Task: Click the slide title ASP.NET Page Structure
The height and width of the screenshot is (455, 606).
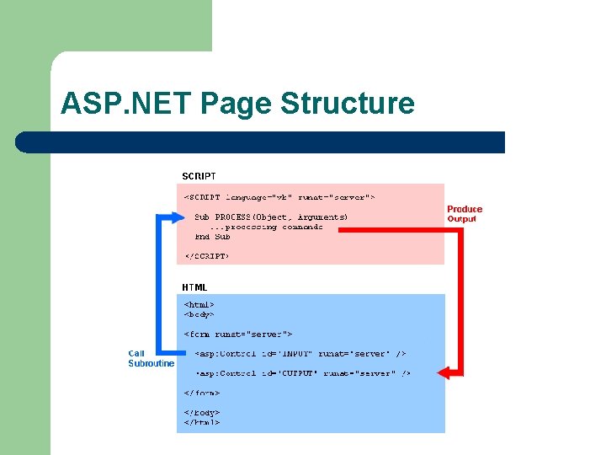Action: tap(237, 104)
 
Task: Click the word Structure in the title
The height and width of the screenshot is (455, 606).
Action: tap(348, 104)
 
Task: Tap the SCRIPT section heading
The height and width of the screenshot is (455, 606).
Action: tap(199, 176)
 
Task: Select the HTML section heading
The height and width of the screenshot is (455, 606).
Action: tap(194, 287)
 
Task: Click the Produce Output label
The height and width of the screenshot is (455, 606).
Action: tap(465, 214)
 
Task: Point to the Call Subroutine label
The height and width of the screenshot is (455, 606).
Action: tap(151, 358)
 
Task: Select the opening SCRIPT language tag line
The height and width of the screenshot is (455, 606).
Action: tap(279, 197)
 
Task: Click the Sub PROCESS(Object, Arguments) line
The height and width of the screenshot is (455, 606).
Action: tap(271, 217)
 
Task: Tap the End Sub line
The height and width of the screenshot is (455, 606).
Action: tap(212, 237)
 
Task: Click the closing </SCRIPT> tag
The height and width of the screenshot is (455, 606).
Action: tap(206, 255)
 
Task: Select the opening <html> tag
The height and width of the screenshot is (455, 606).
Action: tap(199, 304)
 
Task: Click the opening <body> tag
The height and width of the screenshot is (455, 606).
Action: tap(199, 314)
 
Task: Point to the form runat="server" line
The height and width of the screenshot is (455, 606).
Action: tap(238, 335)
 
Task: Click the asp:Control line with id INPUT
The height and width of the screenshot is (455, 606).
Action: tap(300, 354)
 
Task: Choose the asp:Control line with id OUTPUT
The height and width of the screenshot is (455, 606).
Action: tap(303, 373)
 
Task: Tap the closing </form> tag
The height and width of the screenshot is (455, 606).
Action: tap(202, 393)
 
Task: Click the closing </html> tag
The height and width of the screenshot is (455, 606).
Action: tap(202, 422)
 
